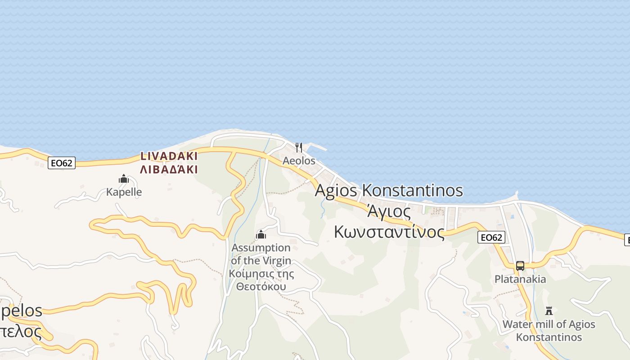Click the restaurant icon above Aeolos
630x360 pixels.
[x=298, y=147]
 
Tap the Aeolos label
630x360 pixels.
[x=299, y=161]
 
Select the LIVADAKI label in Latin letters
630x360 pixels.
[x=169, y=156]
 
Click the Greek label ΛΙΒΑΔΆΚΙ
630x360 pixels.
[x=169, y=170]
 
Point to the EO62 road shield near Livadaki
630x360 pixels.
[x=62, y=163]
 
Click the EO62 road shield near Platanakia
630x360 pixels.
[x=491, y=237]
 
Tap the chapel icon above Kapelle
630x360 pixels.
[x=124, y=179]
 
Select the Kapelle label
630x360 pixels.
[x=124, y=192]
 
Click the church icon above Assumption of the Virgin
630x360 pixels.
[x=261, y=234]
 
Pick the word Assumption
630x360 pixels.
[x=261, y=247]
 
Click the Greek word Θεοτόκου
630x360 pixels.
[x=261, y=287]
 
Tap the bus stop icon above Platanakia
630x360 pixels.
[x=520, y=265]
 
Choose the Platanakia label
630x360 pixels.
[x=520, y=279]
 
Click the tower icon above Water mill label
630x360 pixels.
[x=549, y=310]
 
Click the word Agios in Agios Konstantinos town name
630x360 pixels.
[x=337, y=190]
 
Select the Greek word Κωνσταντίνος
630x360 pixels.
[x=389, y=232]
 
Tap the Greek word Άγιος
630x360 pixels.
[x=389, y=211]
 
